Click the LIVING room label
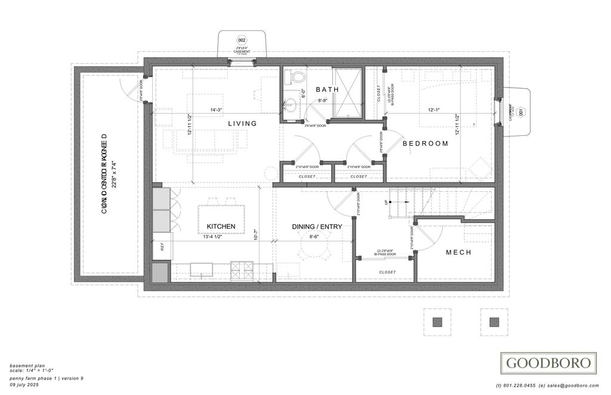point(242,123)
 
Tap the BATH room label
point(327,89)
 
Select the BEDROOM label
point(425,144)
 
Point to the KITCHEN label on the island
point(221,226)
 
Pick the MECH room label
point(458,253)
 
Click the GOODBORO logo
point(548,362)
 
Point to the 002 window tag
point(242,40)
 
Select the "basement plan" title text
point(27,365)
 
